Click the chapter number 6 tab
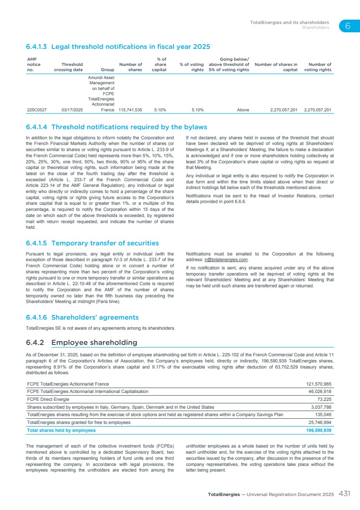[x=347, y=26]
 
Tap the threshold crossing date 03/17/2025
[x=72, y=110]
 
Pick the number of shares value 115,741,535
[x=130, y=110]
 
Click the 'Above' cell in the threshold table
[x=243, y=110]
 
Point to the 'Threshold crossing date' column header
[x=69, y=67]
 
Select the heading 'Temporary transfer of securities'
[x=105, y=243]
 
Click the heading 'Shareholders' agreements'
[x=95, y=317]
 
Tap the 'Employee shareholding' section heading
[x=94, y=342]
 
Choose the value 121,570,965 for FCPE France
[x=318, y=384]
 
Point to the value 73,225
[x=323, y=399]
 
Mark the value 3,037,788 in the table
[x=321, y=407]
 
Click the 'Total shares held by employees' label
[x=62, y=430]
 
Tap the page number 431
[x=344, y=494]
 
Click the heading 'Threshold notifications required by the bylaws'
[x=129, y=127]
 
